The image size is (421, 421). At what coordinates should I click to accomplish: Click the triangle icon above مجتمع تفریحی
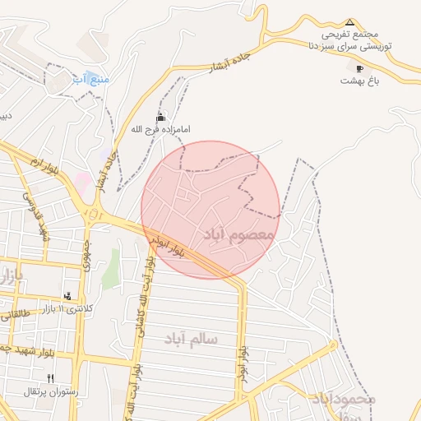(349, 22)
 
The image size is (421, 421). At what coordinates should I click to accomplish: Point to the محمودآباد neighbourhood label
(344, 399)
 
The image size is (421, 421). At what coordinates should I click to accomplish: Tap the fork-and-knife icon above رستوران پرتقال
(50, 378)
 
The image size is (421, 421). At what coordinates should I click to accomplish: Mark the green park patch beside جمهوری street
(109, 268)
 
